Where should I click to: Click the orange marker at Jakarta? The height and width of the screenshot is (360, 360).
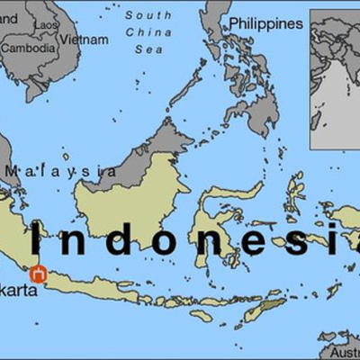(38, 274)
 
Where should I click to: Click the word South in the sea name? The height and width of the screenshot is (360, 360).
(148, 15)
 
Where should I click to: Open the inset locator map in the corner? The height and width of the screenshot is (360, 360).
(334, 78)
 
